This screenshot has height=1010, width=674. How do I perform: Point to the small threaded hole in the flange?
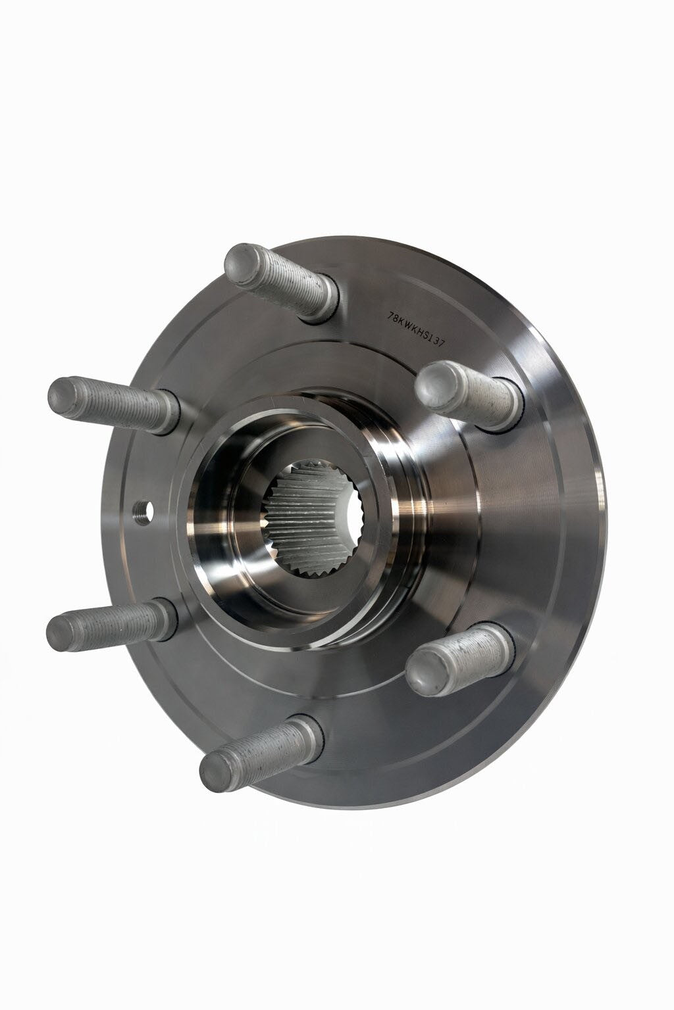coord(143,512)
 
